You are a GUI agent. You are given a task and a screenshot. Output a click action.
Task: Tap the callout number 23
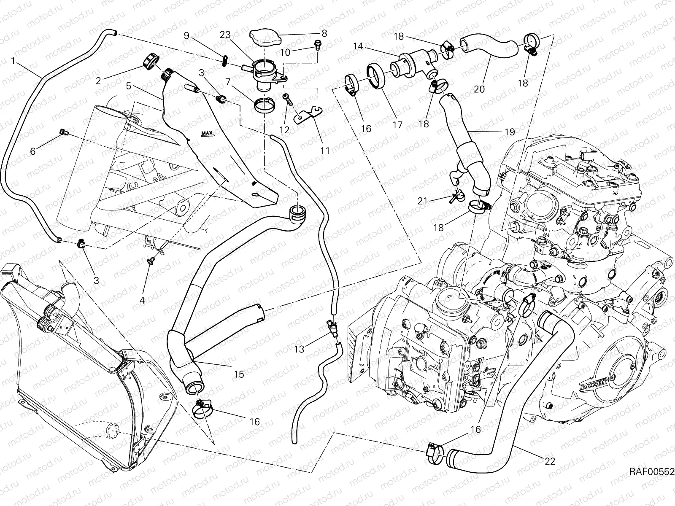tap(225, 35)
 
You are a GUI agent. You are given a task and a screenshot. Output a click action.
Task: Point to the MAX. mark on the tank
tap(208, 134)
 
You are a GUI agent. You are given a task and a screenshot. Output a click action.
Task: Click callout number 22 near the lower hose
tap(549, 461)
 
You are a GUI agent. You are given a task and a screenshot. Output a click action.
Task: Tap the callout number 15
tap(239, 374)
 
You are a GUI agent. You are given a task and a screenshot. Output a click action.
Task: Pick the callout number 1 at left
tap(13, 62)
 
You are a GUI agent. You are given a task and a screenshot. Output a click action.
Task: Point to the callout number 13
tap(299, 349)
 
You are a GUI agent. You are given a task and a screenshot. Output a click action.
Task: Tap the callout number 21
tap(423, 201)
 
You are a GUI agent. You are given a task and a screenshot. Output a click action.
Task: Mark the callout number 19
tap(510, 132)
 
